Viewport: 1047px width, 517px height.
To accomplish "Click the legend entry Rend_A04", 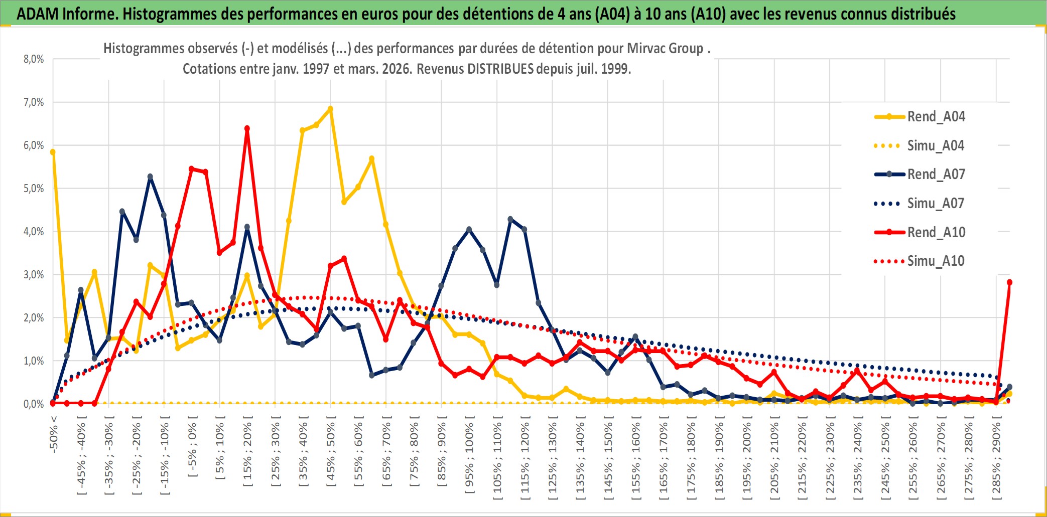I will [x=936, y=117].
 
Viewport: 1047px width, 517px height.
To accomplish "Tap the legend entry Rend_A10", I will [x=936, y=233].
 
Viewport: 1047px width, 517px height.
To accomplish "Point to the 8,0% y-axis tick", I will [x=34, y=59].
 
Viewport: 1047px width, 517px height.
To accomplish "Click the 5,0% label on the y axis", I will [x=34, y=189].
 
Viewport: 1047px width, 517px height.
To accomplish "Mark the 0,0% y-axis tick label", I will [x=34, y=404].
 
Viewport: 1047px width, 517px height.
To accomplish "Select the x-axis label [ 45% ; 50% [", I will [x=331, y=454].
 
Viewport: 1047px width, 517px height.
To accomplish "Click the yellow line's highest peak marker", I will [x=330, y=109].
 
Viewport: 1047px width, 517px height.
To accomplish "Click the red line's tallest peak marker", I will [x=247, y=128].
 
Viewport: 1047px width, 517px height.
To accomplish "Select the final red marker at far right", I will [x=1009, y=282].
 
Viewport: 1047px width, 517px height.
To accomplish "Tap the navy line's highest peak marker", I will [x=150, y=177].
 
